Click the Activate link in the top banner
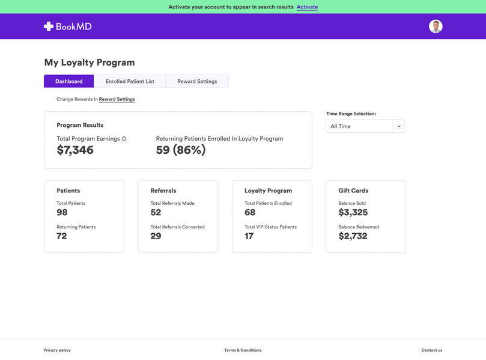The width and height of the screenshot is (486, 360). [x=307, y=7]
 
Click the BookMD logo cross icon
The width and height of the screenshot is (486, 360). [x=49, y=26]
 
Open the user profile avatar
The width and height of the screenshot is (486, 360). [x=436, y=26]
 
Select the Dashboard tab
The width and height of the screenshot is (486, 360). [x=69, y=81]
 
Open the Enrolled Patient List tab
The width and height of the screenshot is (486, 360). [x=130, y=81]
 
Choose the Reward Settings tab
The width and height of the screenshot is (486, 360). [x=197, y=81]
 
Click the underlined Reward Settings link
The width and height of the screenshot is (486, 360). [x=117, y=99]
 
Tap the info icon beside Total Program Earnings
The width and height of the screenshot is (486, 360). [x=124, y=139]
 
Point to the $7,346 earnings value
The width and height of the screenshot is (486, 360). [x=75, y=150]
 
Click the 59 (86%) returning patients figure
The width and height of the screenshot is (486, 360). [x=181, y=150]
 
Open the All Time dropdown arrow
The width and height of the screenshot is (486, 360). [x=399, y=126]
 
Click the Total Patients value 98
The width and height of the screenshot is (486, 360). [x=62, y=213]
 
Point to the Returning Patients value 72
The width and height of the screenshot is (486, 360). [x=62, y=236]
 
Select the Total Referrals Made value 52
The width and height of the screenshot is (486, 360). [x=156, y=213]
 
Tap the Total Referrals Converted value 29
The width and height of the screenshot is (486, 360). [x=156, y=236]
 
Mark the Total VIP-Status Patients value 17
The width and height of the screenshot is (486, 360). [x=249, y=236]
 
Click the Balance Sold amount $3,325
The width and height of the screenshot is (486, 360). [x=353, y=213]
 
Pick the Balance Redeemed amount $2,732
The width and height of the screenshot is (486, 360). [x=353, y=236]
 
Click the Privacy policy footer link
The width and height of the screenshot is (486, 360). [x=57, y=350]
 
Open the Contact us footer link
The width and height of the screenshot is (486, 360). [x=431, y=350]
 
